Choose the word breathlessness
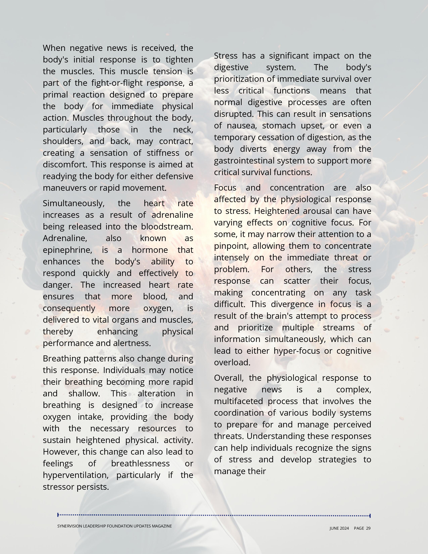click(140, 464)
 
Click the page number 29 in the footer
click(368, 528)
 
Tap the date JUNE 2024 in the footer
click(339, 528)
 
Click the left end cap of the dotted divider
click(58, 515)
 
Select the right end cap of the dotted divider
click(370, 516)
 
